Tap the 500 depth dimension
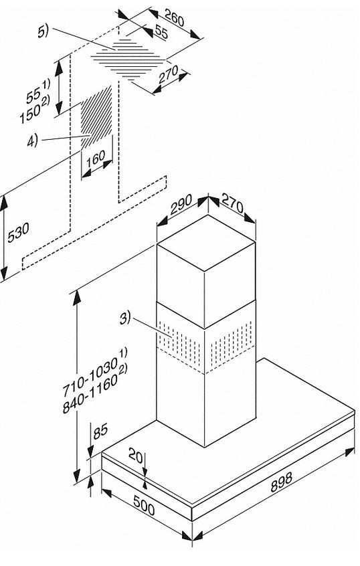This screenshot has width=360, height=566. pos(144,504)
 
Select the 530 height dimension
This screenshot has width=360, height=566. pos(18,232)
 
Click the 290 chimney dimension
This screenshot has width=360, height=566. pos(181,205)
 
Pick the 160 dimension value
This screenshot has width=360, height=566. pos(96,158)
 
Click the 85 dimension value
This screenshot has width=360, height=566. pos(100,431)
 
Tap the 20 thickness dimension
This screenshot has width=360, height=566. pos(135,455)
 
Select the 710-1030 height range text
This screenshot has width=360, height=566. pos(90,375)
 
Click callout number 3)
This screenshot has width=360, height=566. pos(125,318)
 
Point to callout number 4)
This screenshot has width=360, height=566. pos(33,140)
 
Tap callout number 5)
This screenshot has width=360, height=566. pos(43,31)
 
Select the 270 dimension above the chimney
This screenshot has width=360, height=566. pos(232,203)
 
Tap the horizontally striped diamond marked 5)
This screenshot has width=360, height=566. pos(127,58)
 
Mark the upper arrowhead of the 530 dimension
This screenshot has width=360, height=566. pos(3,203)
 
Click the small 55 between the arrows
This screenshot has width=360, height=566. pos(161,33)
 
